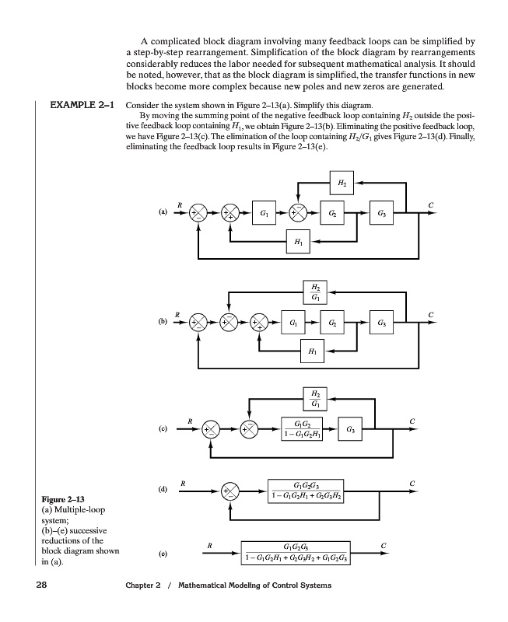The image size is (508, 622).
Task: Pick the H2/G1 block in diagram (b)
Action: (314, 292)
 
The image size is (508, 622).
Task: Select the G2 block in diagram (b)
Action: (333, 320)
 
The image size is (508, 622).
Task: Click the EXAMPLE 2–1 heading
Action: (82, 104)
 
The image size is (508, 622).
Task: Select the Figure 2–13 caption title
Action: (61, 498)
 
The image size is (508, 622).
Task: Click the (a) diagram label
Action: (163, 211)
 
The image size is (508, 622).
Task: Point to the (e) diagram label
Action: (163, 554)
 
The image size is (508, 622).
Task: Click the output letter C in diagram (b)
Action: (430, 313)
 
